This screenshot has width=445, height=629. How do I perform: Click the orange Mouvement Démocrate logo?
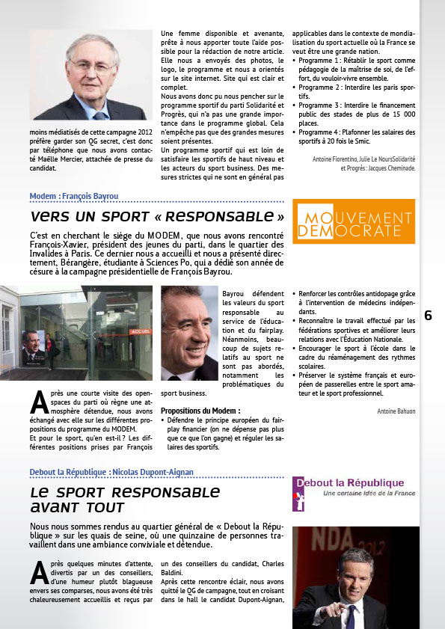pyautogui.click(x=353, y=222)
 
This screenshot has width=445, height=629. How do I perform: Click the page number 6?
pyautogui.click(x=428, y=316)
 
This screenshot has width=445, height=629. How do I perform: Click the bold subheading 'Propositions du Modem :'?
pyautogui.click(x=200, y=411)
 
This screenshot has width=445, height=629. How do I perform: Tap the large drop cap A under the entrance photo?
pyautogui.click(x=39, y=402)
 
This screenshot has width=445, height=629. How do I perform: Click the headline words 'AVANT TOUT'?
pyautogui.click(x=78, y=507)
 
